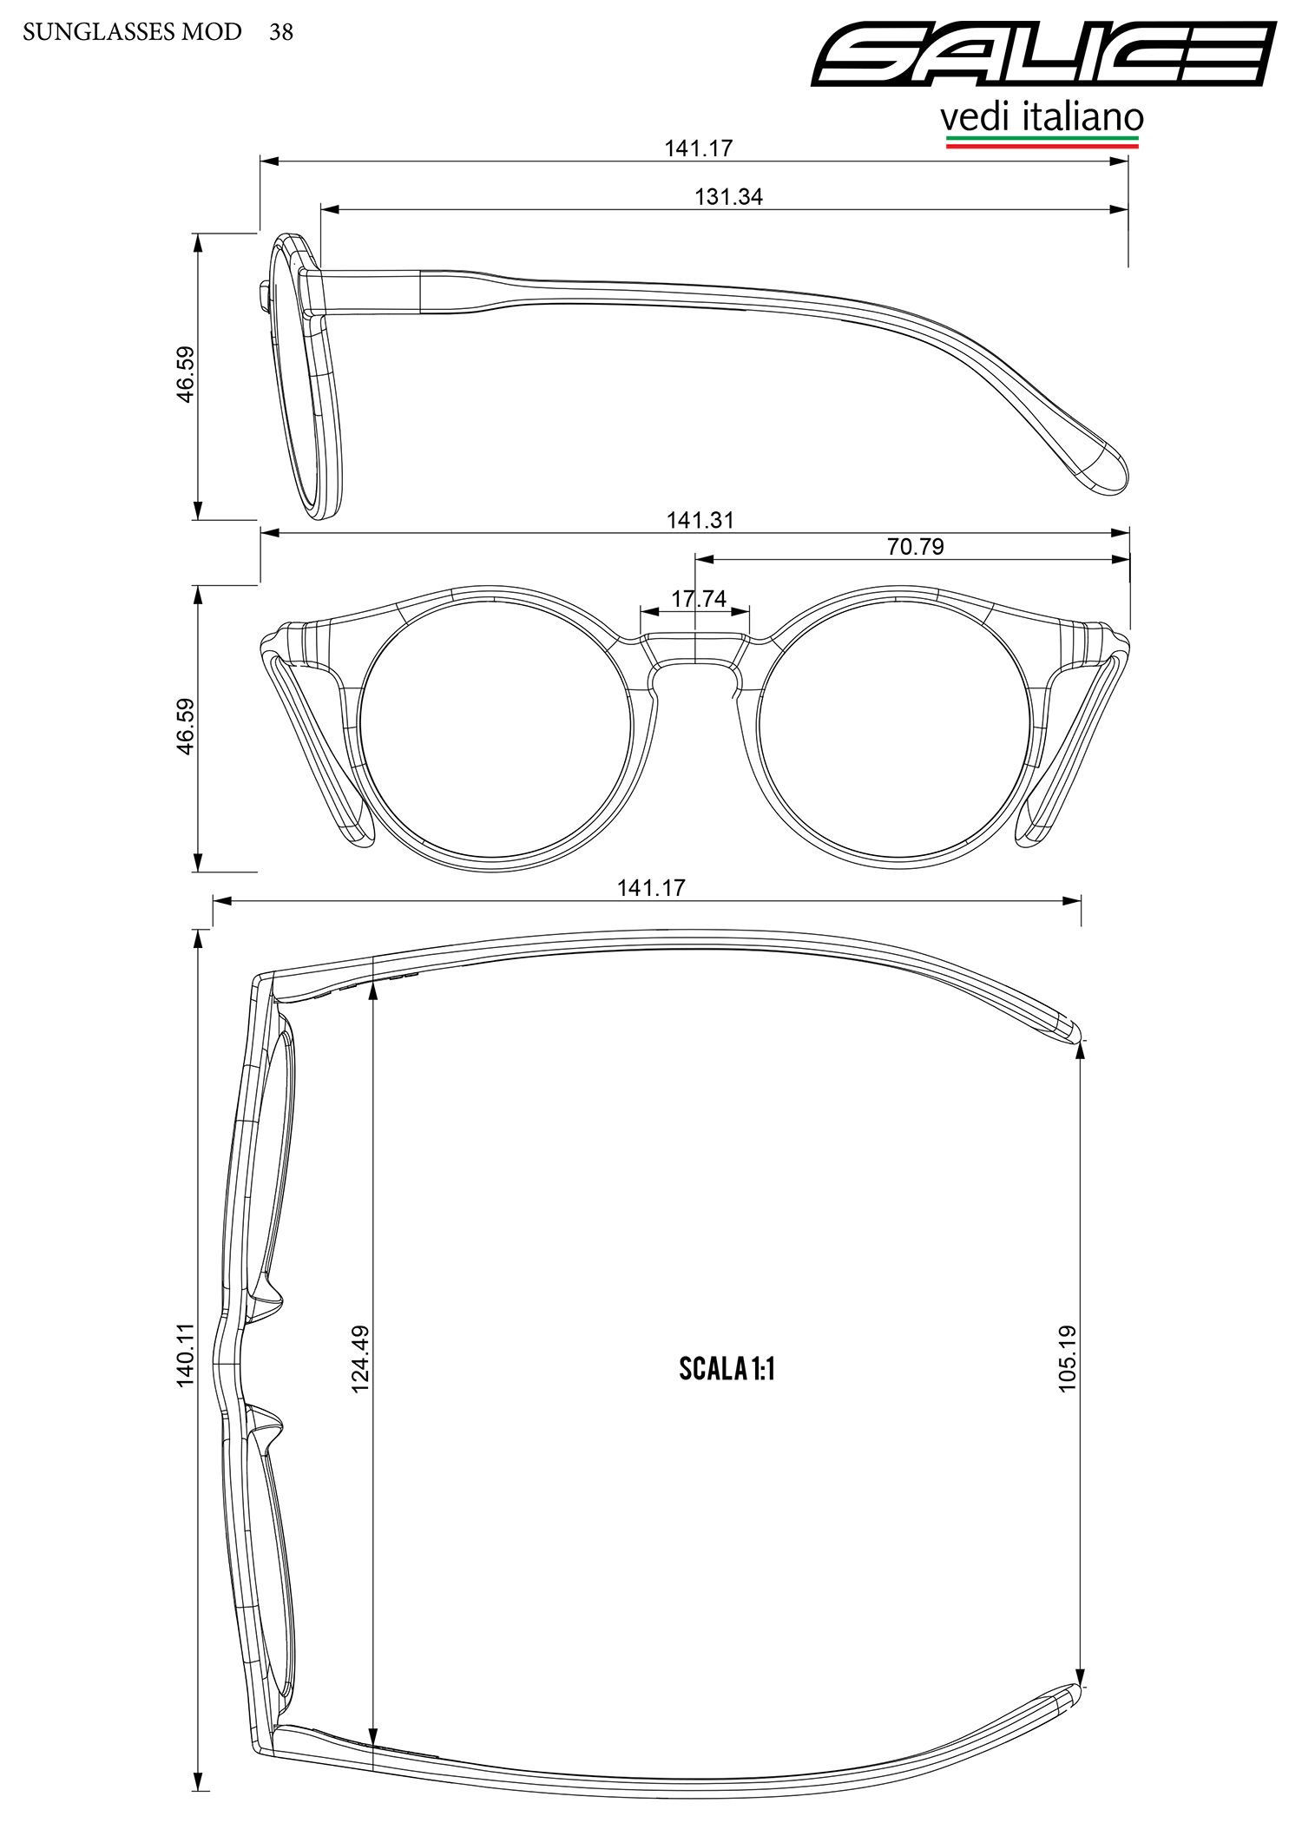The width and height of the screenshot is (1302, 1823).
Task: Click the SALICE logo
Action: (x=1044, y=54)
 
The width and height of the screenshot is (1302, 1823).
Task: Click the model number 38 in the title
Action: (x=281, y=32)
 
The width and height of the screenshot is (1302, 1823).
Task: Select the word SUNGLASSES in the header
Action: (x=97, y=32)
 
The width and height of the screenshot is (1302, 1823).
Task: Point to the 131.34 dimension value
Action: (x=728, y=197)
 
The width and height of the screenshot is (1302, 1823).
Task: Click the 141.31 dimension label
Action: (x=700, y=520)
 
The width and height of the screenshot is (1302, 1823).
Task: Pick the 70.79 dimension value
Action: (x=915, y=546)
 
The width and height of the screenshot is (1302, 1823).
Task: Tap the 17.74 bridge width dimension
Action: (x=699, y=598)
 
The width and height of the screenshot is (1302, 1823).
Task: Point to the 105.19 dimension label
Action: (x=1067, y=1359)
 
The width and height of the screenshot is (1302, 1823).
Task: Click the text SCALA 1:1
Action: (x=727, y=1369)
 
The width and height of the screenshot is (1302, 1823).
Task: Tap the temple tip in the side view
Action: (x=1107, y=469)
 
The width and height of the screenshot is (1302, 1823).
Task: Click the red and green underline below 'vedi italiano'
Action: (x=1042, y=141)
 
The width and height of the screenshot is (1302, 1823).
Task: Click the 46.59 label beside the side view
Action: (x=187, y=374)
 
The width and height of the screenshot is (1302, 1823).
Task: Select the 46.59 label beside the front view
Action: (x=187, y=727)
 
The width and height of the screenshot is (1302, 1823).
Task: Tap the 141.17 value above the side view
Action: (x=699, y=148)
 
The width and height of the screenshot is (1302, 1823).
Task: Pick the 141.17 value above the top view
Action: (x=651, y=888)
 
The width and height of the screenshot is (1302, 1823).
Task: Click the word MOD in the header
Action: (x=212, y=32)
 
